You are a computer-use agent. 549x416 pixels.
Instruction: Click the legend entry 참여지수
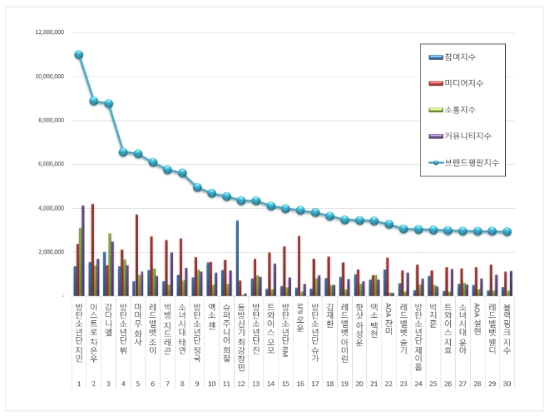click(x=467, y=57)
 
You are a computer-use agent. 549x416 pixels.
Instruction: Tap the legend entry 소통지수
click(x=467, y=109)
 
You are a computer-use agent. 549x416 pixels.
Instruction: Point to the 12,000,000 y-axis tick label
click(x=51, y=32)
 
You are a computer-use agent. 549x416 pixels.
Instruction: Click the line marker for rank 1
click(x=79, y=55)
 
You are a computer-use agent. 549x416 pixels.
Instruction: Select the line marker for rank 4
click(x=123, y=152)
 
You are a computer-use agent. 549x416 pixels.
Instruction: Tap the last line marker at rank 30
click(x=507, y=232)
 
